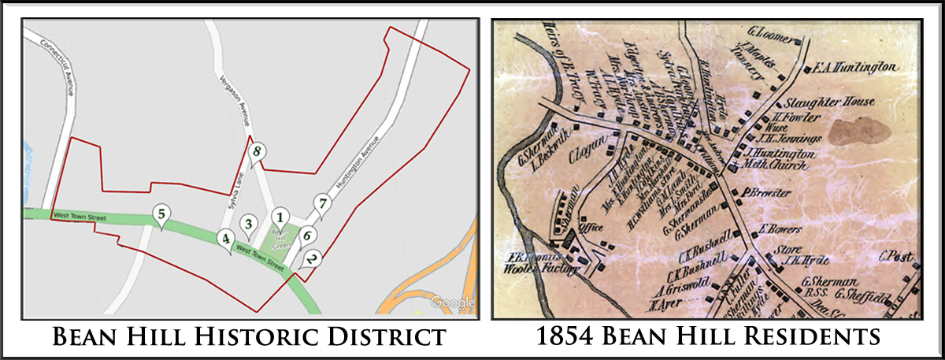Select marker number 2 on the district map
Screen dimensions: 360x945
[313, 257]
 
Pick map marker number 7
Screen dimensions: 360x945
[321, 202]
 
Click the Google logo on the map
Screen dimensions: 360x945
[454, 302]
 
